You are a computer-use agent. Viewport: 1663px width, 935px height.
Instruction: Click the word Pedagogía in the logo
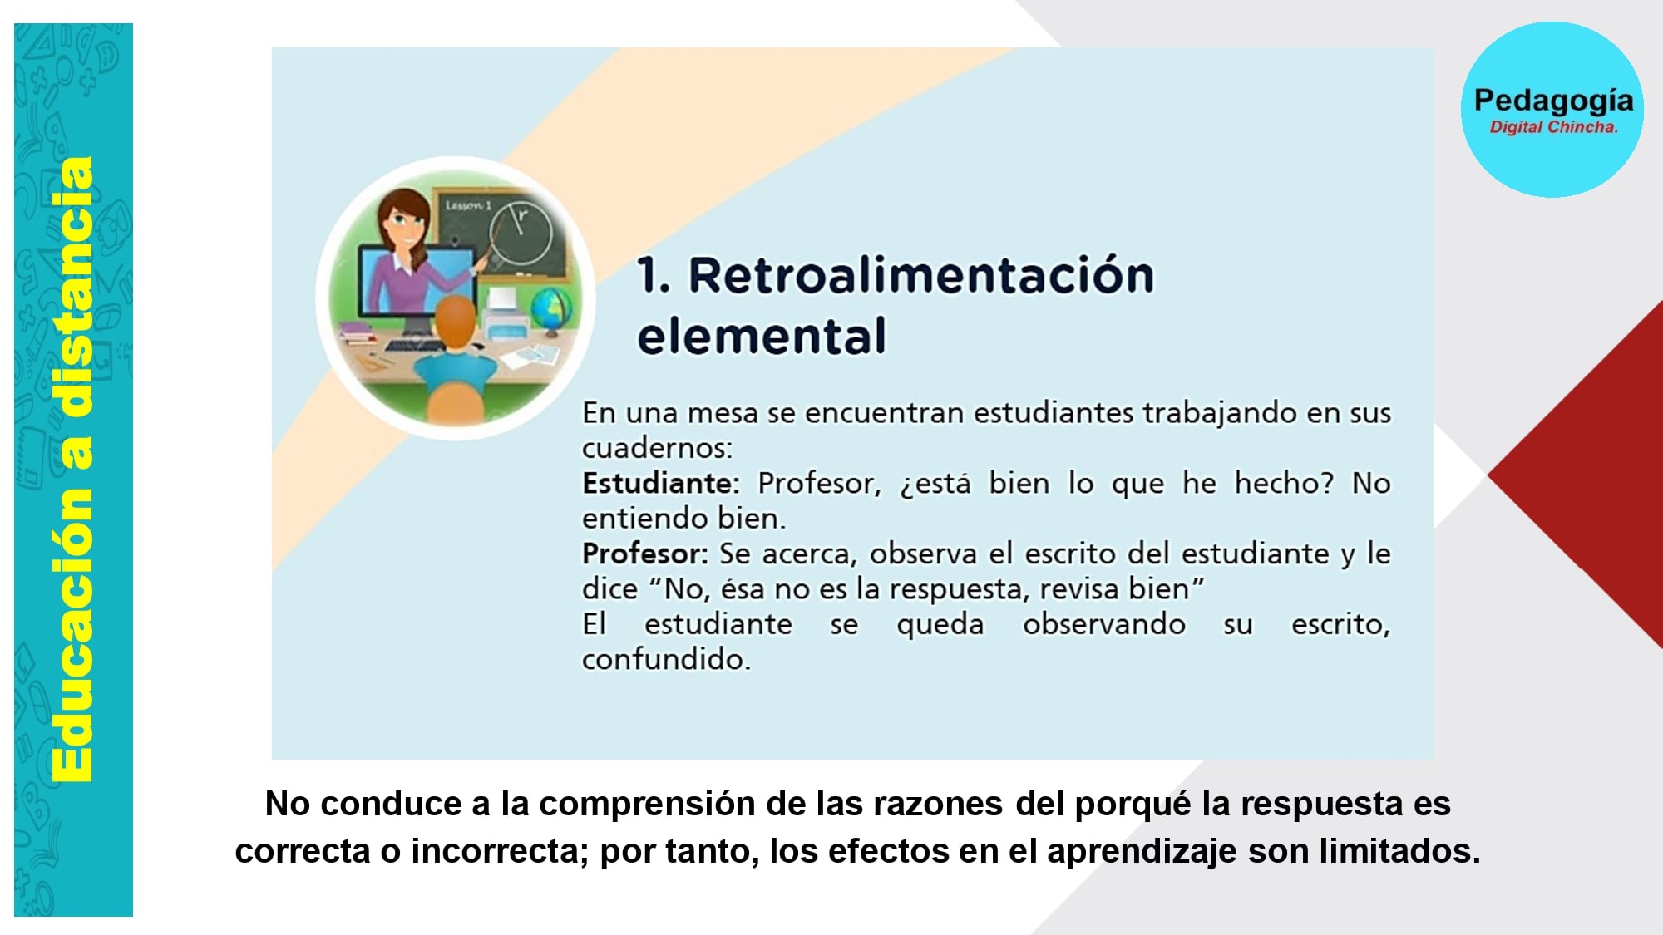1553,101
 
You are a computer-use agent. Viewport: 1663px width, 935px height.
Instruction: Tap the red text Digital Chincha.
1553,127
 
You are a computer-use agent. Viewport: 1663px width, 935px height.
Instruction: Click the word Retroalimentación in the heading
921,275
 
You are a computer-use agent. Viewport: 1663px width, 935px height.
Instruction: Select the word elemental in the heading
762,336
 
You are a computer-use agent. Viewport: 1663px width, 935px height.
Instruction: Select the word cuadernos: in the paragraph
657,448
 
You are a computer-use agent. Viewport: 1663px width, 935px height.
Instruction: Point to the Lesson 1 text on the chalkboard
469,204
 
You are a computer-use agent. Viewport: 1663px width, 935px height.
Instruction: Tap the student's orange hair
455,323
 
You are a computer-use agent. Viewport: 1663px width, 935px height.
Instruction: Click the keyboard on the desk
412,345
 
